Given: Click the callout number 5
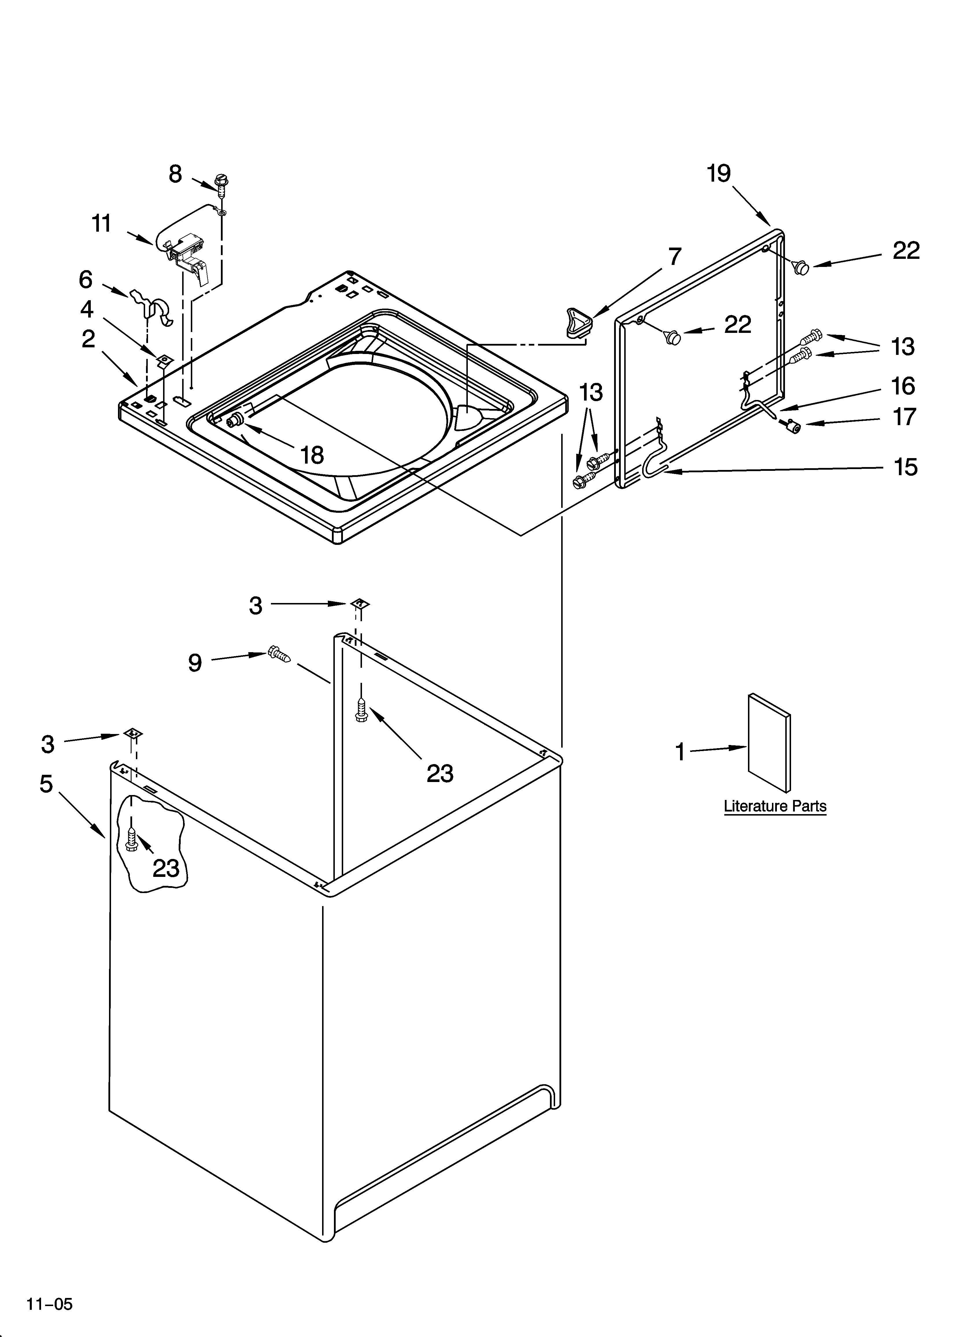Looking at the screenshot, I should pyautogui.click(x=47, y=783).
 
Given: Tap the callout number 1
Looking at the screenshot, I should pyautogui.click(x=680, y=752).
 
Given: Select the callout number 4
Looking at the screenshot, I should pyautogui.click(x=87, y=309).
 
